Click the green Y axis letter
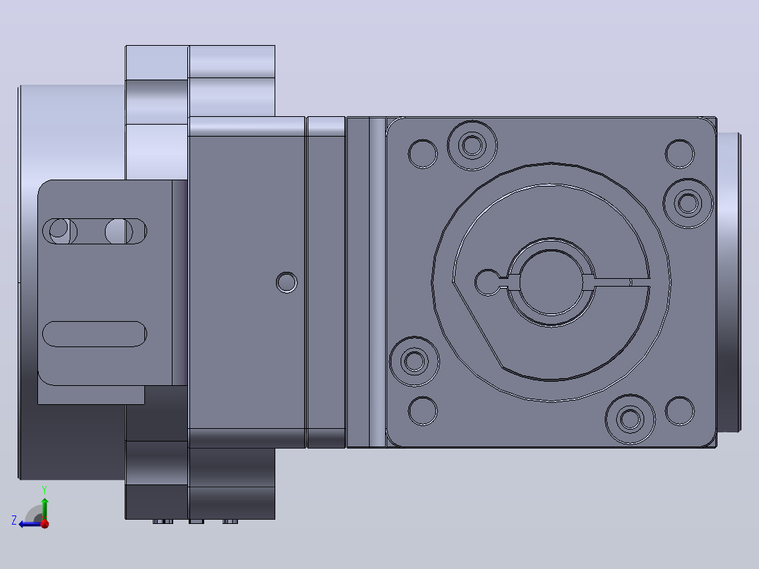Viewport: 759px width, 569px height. (x=44, y=490)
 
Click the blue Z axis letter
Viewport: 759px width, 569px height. (x=14, y=520)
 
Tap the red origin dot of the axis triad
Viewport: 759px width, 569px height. (x=44, y=523)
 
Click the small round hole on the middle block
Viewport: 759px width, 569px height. (x=287, y=282)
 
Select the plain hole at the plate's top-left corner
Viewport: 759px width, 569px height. (x=422, y=154)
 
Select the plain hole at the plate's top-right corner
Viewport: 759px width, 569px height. (x=679, y=154)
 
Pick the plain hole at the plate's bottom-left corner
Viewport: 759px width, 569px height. (x=422, y=411)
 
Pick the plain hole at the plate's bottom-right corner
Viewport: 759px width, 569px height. (x=679, y=411)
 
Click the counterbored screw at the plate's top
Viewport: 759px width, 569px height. (x=472, y=145)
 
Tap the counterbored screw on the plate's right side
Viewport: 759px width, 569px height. (x=688, y=203)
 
